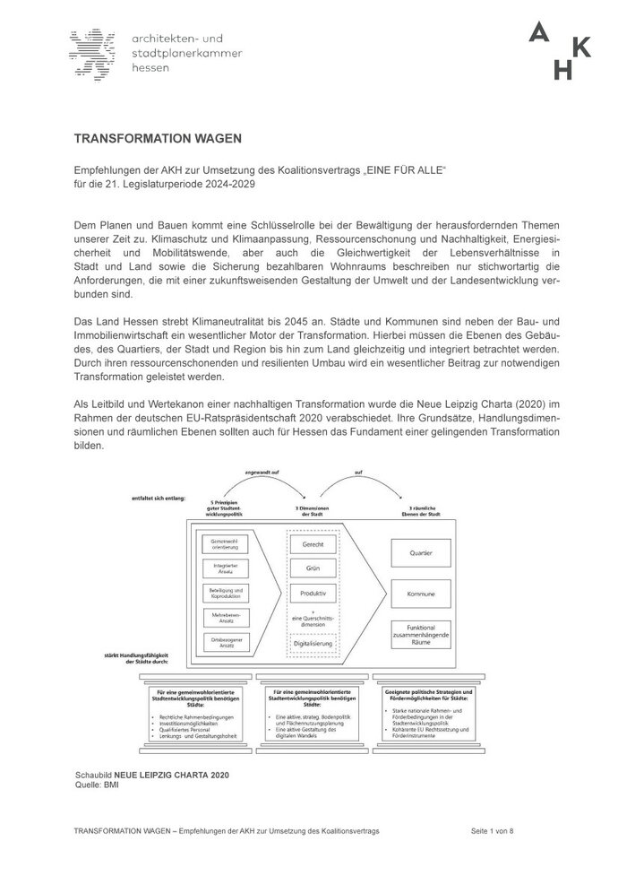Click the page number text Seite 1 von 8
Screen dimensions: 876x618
click(493, 831)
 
